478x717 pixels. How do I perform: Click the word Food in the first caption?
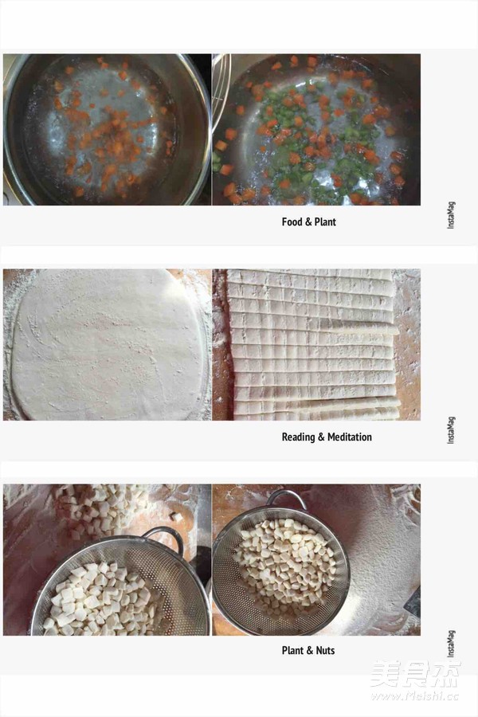coord(292,221)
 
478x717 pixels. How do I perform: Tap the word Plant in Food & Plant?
coord(325,221)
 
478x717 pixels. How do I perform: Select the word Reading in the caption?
coord(299,437)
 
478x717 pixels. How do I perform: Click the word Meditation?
coord(350,437)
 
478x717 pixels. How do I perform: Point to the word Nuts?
coord(325,650)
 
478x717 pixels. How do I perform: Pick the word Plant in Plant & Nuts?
coord(292,650)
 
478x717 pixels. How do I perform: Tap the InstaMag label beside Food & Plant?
coord(451,215)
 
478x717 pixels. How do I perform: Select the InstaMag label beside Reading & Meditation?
coord(451,430)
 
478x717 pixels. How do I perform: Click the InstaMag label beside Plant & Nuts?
coord(451,644)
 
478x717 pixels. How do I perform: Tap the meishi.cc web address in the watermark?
coord(414,695)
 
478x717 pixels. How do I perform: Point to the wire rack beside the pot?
coord(221,92)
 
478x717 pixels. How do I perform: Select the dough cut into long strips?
coord(313,345)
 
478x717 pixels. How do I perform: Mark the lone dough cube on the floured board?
coord(176,517)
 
